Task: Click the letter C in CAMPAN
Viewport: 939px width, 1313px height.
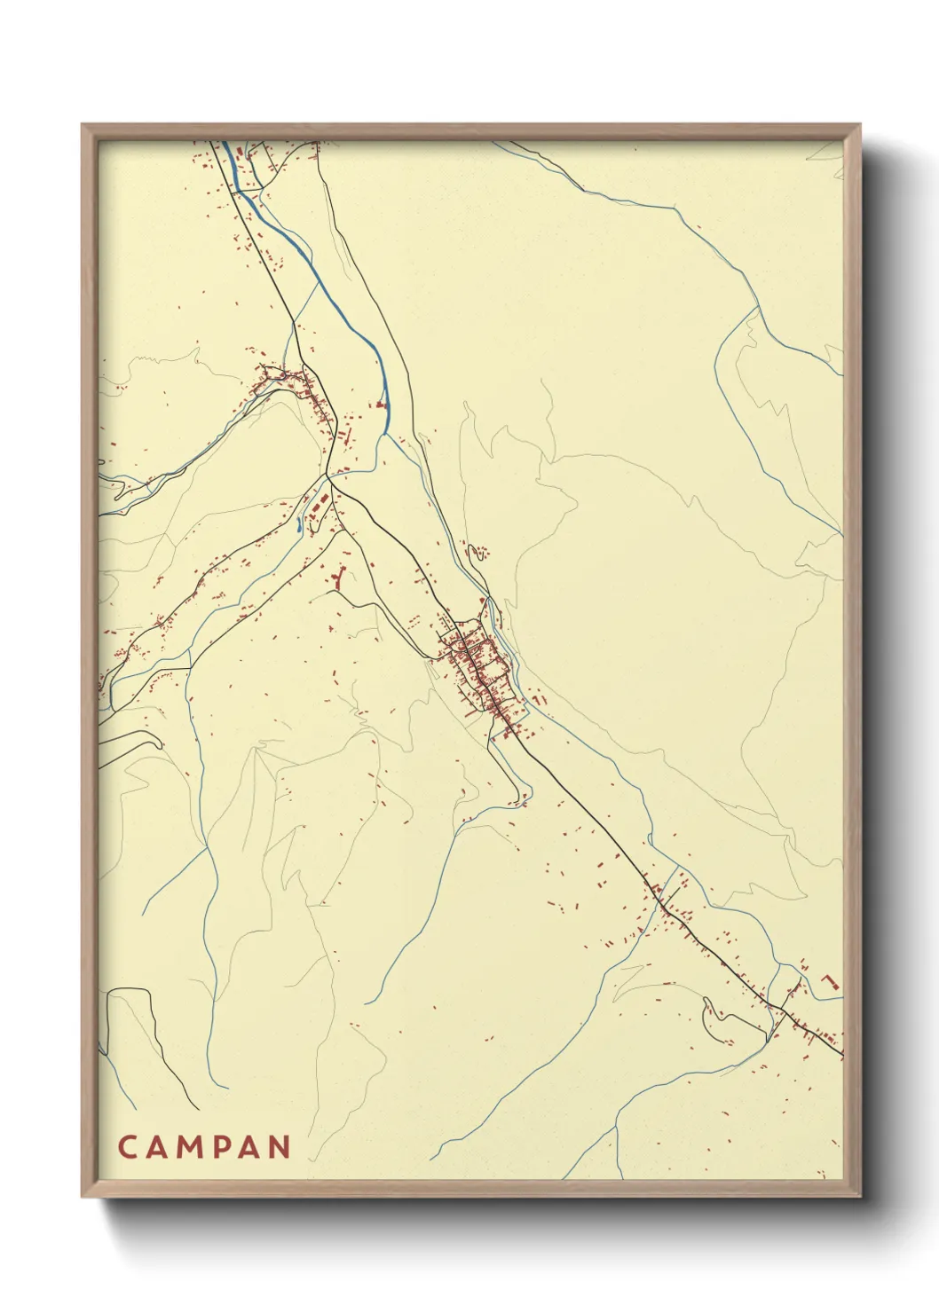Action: point(126,1146)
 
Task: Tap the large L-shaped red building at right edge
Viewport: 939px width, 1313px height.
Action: point(832,982)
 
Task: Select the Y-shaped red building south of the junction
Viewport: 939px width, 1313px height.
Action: point(338,578)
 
